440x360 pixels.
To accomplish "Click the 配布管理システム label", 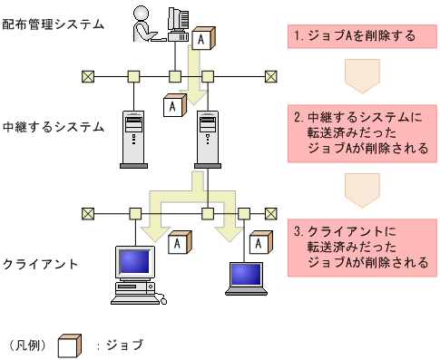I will point(53,24).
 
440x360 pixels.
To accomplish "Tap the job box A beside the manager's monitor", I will point(201,40).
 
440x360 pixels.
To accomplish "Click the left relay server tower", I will point(133,140).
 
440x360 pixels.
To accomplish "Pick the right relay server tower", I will point(207,140).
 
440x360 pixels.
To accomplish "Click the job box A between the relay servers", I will point(171,105).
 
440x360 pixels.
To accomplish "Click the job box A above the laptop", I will point(260,243).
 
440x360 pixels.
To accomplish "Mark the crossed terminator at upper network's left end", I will point(88,76).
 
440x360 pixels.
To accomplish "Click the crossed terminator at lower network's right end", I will point(269,214).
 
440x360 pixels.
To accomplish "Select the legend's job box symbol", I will point(69,345).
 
